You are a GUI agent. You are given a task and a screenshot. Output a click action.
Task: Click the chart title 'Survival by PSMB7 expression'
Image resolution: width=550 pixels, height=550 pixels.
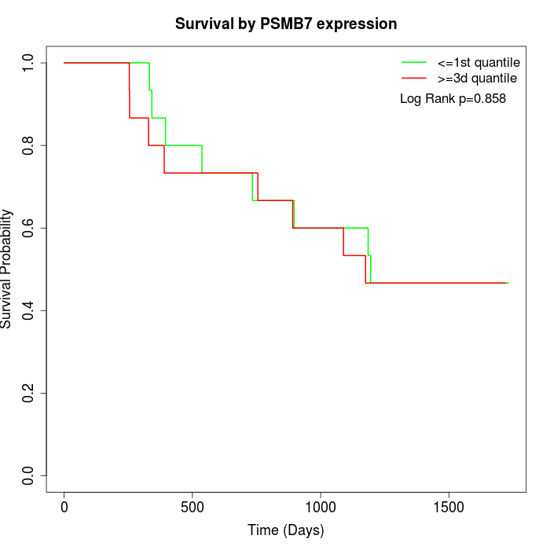(286, 24)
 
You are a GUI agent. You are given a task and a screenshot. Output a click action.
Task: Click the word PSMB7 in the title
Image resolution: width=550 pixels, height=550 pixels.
(286, 24)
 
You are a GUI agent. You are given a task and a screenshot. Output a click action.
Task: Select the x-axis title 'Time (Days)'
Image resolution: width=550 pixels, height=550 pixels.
(286, 530)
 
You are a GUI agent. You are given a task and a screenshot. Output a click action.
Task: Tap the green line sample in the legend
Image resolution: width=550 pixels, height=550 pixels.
(413, 62)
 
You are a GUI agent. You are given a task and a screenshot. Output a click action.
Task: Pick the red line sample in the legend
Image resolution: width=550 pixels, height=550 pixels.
(413, 79)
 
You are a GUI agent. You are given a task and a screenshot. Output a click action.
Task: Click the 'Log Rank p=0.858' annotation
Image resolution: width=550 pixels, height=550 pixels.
(453, 99)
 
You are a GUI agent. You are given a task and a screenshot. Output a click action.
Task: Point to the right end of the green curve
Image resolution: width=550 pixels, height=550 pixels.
(508, 283)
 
